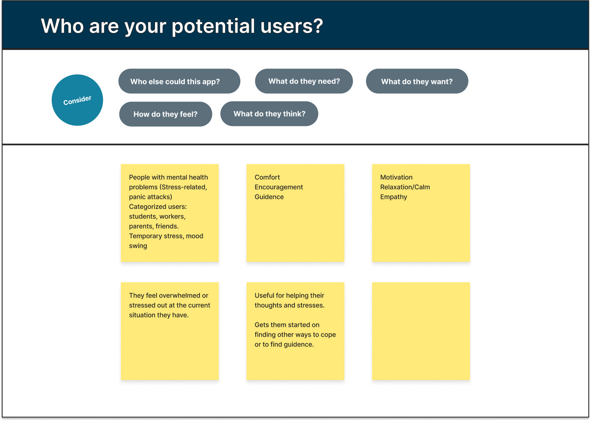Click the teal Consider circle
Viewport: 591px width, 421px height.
coord(77,100)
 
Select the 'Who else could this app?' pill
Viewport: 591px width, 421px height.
coord(179,81)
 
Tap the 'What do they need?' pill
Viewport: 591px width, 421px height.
coord(304,81)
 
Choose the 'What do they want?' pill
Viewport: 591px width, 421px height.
coord(417,81)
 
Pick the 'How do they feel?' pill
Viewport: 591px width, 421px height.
coord(166,114)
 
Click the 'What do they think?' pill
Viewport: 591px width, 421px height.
coord(269,114)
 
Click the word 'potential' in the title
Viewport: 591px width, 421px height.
coord(213,26)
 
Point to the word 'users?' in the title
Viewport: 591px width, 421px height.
coord(292,26)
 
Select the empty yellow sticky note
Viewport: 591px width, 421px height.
coord(421,331)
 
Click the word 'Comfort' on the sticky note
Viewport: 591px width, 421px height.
coord(267,177)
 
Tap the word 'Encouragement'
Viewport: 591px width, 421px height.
coord(279,187)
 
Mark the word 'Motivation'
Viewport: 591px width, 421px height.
coord(396,177)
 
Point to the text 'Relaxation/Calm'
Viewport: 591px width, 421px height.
coord(405,187)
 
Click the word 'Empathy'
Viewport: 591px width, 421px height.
coord(393,197)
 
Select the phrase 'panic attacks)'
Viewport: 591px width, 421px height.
coord(151,197)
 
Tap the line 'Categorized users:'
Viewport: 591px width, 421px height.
coord(158,207)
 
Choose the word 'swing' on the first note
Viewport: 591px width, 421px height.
coord(138,246)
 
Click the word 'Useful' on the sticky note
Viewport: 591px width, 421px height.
coord(264,295)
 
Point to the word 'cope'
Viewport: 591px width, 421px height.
coord(328,335)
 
